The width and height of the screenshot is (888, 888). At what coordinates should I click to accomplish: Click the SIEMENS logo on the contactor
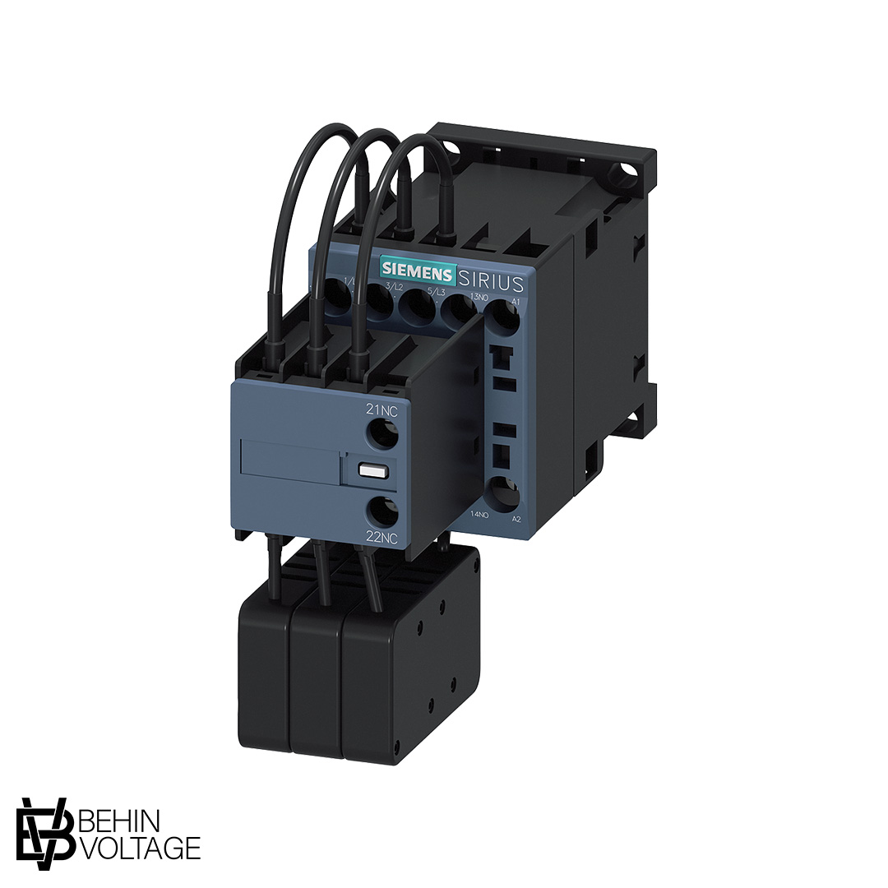pyautogui.click(x=417, y=272)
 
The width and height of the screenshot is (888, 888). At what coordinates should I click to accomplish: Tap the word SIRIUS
pyautogui.click(x=490, y=283)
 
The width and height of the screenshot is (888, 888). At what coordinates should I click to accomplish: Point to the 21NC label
pyautogui.click(x=382, y=409)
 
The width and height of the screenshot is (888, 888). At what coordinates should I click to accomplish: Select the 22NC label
pyautogui.click(x=382, y=539)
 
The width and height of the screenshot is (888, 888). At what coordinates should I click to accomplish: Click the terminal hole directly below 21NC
pyautogui.click(x=381, y=433)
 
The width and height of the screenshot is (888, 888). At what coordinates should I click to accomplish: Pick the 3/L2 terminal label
pyautogui.click(x=394, y=286)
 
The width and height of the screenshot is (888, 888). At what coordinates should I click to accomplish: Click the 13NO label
pyautogui.click(x=479, y=297)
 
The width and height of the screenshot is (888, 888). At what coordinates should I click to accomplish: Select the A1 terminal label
pyautogui.click(x=516, y=303)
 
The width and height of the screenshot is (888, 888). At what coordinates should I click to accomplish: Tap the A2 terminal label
pyautogui.click(x=516, y=519)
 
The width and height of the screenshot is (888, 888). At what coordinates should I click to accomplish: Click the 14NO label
pyautogui.click(x=479, y=514)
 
